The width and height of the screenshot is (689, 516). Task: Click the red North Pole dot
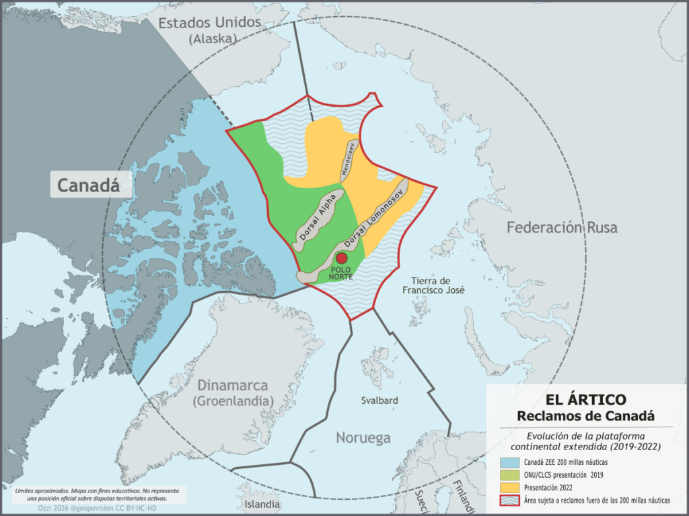(x=341, y=258)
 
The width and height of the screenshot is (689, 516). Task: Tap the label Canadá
(x=83, y=185)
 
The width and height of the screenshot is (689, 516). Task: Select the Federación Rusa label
(x=562, y=227)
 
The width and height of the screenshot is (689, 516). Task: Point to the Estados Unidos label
(x=209, y=23)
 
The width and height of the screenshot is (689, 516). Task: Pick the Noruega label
(x=363, y=438)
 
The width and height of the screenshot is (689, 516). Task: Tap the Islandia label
(x=262, y=503)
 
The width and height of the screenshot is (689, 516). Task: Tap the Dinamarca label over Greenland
(x=232, y=386)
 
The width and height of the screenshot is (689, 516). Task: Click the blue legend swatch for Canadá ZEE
(x=509, y=462)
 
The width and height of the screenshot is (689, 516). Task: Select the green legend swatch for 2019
(x=509, y=474)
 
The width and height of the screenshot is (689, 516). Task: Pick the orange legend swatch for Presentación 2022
(x=509, y=486)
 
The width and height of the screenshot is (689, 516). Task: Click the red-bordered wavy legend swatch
(x=509, y=500)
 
